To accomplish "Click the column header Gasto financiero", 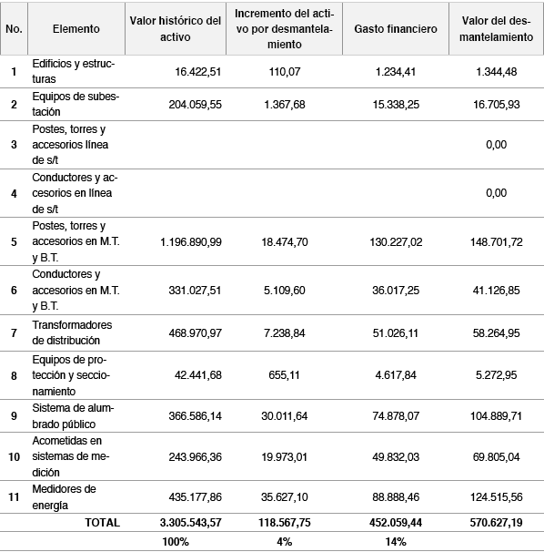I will (395, 29).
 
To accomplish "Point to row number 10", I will (14, 459).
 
